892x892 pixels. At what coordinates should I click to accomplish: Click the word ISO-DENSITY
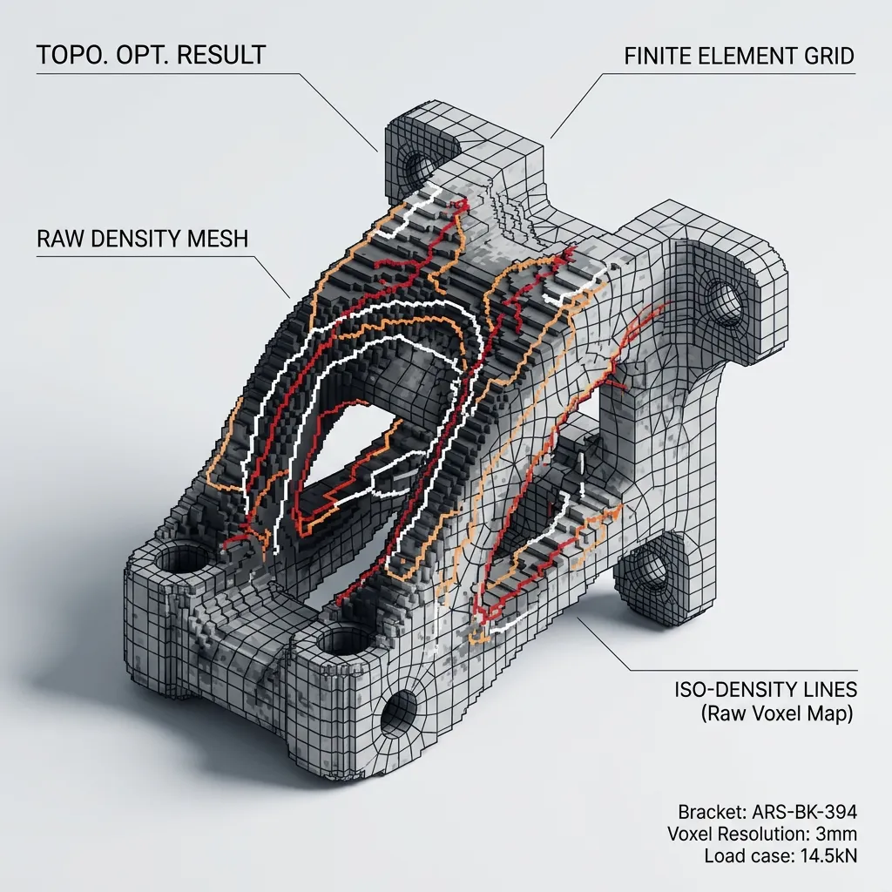pos(736,690)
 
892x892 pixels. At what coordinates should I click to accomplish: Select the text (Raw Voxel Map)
pos(776,713)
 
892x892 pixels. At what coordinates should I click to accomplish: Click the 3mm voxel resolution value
pos(835,834)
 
